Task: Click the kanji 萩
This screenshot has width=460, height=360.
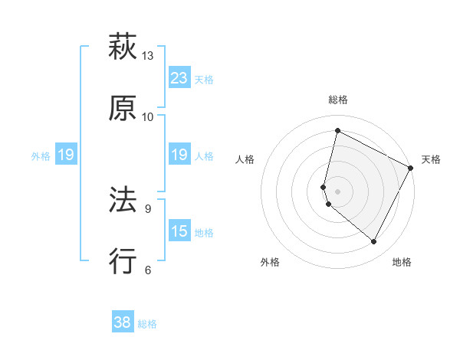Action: (123, 47)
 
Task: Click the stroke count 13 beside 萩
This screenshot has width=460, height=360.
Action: (147, 56)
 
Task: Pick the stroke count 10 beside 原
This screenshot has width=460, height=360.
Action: (147, 117)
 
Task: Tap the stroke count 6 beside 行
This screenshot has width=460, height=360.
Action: (147, 270)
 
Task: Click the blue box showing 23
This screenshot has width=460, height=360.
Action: (179, 78)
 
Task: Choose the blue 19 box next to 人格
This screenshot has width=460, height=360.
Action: (179, 155)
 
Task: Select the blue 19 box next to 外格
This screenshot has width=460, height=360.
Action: (66, 155)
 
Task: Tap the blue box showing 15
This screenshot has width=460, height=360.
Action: (179, 231)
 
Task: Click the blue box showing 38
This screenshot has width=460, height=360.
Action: (123, 322)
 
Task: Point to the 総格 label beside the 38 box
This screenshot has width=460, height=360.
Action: (147, 324)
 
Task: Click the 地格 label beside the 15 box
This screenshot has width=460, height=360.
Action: (204, 233)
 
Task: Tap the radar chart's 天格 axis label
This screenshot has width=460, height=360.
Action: (432, 159)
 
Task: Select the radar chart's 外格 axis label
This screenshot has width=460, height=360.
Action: (270, 262)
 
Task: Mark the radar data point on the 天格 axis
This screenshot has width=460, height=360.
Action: (412, 168)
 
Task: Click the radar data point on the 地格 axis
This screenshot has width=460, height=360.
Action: (374, 242)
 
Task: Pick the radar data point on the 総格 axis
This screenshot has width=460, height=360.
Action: (337, 130)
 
